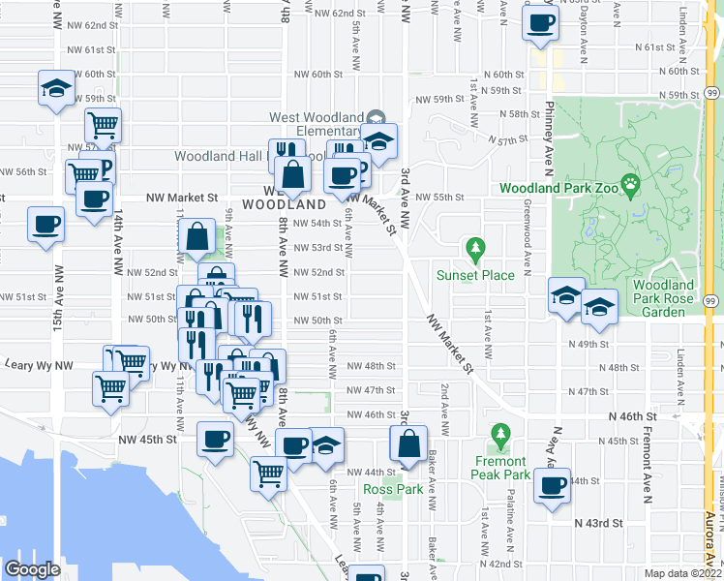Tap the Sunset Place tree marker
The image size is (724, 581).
[474, 251]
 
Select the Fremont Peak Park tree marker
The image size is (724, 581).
[499, 437]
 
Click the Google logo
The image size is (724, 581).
[32, 569]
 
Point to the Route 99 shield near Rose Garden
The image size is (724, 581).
[711, 302]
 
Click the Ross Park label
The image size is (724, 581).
[394, 489]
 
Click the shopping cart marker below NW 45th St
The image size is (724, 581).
[268, 473]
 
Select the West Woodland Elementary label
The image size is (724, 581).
[314, 124]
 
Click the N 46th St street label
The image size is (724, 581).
[632, 416]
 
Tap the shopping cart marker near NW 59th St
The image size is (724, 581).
[103, 124]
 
